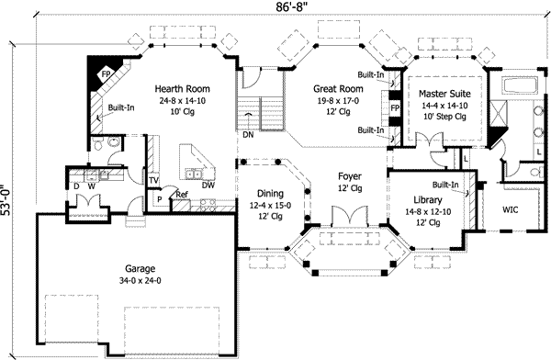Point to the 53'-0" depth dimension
7,199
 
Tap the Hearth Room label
183,88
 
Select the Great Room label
338,88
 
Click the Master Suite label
444,94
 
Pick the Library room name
428,200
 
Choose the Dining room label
270,194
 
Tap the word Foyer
350,176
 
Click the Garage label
140,269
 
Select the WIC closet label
510,210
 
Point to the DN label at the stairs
248,135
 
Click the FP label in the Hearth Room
106,74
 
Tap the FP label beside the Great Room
395,108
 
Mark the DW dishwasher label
208,186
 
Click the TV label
153,181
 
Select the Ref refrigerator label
182,195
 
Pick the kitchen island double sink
193,174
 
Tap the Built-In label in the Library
445,185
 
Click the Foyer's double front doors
350,216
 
